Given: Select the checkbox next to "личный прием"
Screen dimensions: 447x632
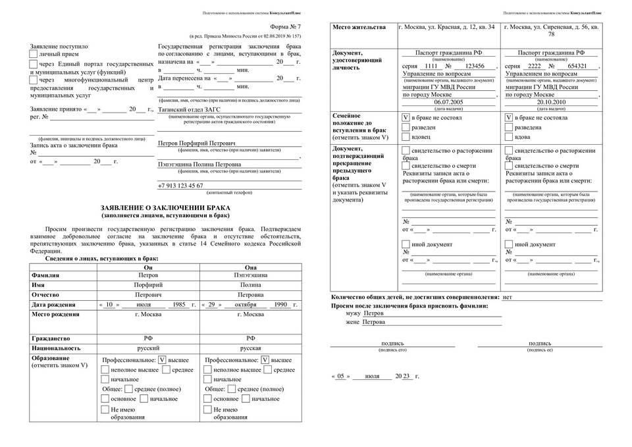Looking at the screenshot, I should [x=34, y=55].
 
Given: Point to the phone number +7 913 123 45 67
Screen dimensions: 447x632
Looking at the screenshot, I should [x=180, y=186].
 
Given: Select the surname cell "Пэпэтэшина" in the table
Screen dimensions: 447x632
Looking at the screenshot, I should [x=250, y=275].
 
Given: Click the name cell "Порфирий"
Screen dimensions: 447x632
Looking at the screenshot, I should [x=147, y=285].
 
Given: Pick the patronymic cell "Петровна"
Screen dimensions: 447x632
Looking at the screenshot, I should [x=250, y=295].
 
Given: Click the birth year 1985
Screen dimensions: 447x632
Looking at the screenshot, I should [x=178, y=305].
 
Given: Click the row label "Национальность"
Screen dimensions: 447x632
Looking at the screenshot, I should [x=56, y=348].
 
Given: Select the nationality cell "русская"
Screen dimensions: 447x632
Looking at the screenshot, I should [x=250, y=348].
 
